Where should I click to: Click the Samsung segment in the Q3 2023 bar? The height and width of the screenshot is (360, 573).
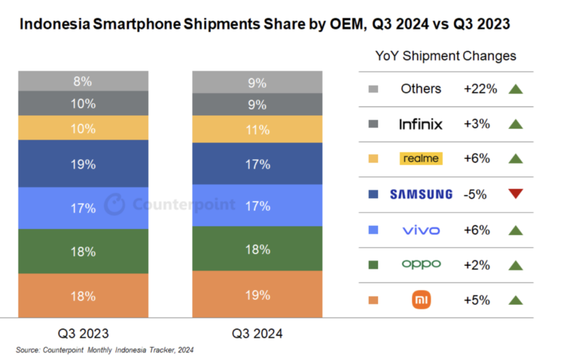[x=83, y=164]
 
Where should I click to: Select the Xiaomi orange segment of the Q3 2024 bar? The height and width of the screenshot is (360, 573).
[x=257, y=294]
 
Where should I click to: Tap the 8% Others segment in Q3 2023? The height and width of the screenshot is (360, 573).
[x=83, y=81]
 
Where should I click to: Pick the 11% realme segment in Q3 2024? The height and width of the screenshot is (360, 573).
[x=257, y=129]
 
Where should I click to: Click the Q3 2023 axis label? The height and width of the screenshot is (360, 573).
[x=83, y=333]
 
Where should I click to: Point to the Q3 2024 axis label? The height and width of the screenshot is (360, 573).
[x=257, y=333]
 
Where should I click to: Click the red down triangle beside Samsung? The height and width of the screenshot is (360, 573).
[x=515, y=194]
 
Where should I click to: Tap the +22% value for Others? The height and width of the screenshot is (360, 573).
[x=480, y=89]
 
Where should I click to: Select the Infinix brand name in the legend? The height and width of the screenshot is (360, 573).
[x=421, y=124]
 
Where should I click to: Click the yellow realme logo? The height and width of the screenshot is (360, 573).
[x=421, y=159]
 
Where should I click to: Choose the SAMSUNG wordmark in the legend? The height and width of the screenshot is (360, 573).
[x=421, y=195]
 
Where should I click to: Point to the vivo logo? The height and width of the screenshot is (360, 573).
[x=421, y=230]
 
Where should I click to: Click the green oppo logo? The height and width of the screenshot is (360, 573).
[x=421, y=264]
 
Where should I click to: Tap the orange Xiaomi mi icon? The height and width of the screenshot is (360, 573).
[x=421, y=300]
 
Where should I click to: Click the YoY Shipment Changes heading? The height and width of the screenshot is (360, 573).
[x=446, y=56]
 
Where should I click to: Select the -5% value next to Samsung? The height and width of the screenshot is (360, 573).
[x=475, y=195]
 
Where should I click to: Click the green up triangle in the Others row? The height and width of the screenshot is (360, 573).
[x=515, y=89]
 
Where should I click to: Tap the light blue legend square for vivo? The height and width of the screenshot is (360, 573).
[x=373, y=230]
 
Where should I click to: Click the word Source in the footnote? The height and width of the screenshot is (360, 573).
[x=28, y=350]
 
